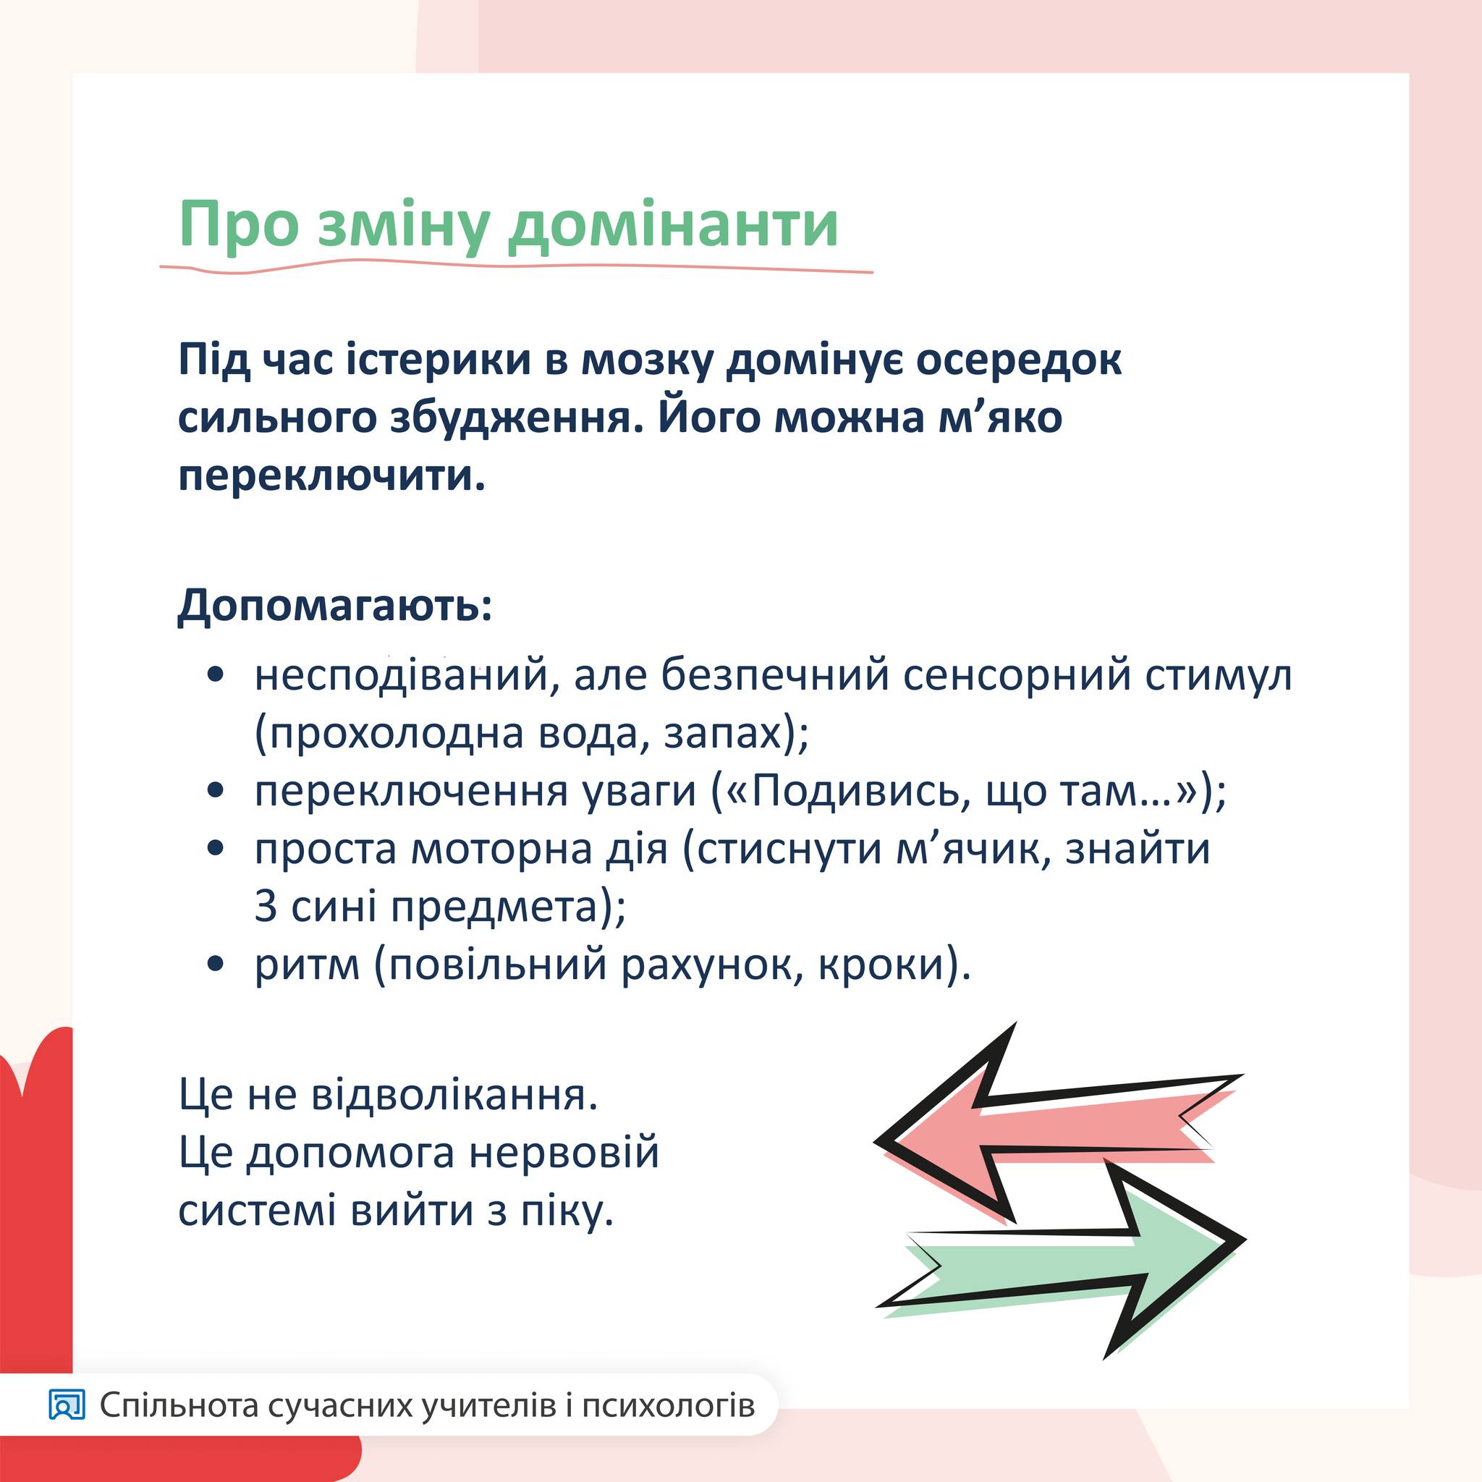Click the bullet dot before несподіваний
click(x=216, y=675)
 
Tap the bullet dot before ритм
click(x=216, y=963)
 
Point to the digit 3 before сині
click(x=266, y=907)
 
